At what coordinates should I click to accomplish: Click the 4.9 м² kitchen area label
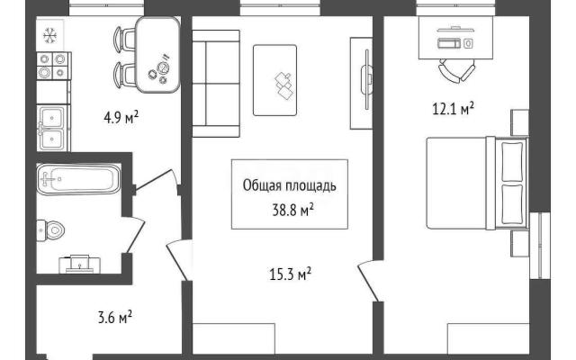coord(121,118)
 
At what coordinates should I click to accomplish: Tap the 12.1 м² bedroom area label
coord(453,109)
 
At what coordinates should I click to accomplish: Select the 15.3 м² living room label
coord(290,274)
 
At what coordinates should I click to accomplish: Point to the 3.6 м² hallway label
coord(115,318)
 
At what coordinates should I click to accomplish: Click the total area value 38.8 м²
coord(292,210)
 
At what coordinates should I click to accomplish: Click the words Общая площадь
coord(290,186)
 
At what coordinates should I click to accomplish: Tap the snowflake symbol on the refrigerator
coord(49,36)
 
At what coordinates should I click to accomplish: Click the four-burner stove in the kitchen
coord(54,66)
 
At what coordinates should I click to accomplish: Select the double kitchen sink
coord(53,128)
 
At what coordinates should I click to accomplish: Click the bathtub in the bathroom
coord(78,179)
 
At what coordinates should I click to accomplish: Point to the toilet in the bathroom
coord(50,230)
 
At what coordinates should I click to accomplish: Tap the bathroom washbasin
coord(80,264)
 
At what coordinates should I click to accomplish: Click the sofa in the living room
coord(216,84)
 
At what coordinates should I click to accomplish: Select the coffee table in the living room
coord(274,80)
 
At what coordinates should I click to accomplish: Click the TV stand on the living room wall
coord(362,84)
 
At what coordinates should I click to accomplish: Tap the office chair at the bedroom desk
coord(456,71)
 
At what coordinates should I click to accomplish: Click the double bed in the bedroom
coord(477,184)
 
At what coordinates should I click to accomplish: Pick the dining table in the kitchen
coord(157,55)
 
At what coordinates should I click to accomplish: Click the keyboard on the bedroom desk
coord(448,43)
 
